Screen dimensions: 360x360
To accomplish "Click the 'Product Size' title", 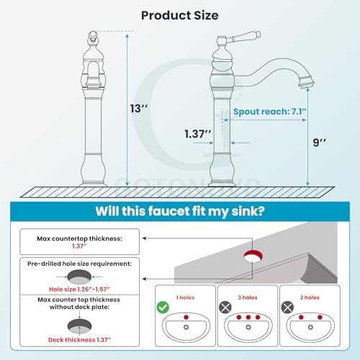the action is pos(180,16).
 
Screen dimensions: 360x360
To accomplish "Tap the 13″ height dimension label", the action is pos(139,109).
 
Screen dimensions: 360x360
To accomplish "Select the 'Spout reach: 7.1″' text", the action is pos(270,112).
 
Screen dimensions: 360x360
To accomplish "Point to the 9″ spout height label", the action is pos(319,143).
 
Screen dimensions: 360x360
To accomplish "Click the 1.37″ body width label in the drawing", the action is pos(198,134).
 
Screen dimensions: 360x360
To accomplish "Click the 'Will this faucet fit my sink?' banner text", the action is pos(180,211).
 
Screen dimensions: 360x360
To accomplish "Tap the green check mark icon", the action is pos(163,307).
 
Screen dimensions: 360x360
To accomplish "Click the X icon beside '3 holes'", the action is pos(225,307).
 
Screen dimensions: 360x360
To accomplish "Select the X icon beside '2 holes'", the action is pos(287,307).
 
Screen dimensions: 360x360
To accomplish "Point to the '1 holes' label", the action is pos(185,297).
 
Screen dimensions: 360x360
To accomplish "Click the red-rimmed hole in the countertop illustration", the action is pos(253,256).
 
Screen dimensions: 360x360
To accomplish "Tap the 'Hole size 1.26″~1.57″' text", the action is pos(79,289).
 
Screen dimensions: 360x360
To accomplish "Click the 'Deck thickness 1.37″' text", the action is pos(79,340).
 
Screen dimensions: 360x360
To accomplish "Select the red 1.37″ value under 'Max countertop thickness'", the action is pos(79,246).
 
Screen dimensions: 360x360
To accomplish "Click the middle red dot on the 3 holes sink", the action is pos(248,318).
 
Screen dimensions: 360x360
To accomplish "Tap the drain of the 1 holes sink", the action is pos(186,327).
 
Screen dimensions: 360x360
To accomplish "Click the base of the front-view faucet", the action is pos(93,184).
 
